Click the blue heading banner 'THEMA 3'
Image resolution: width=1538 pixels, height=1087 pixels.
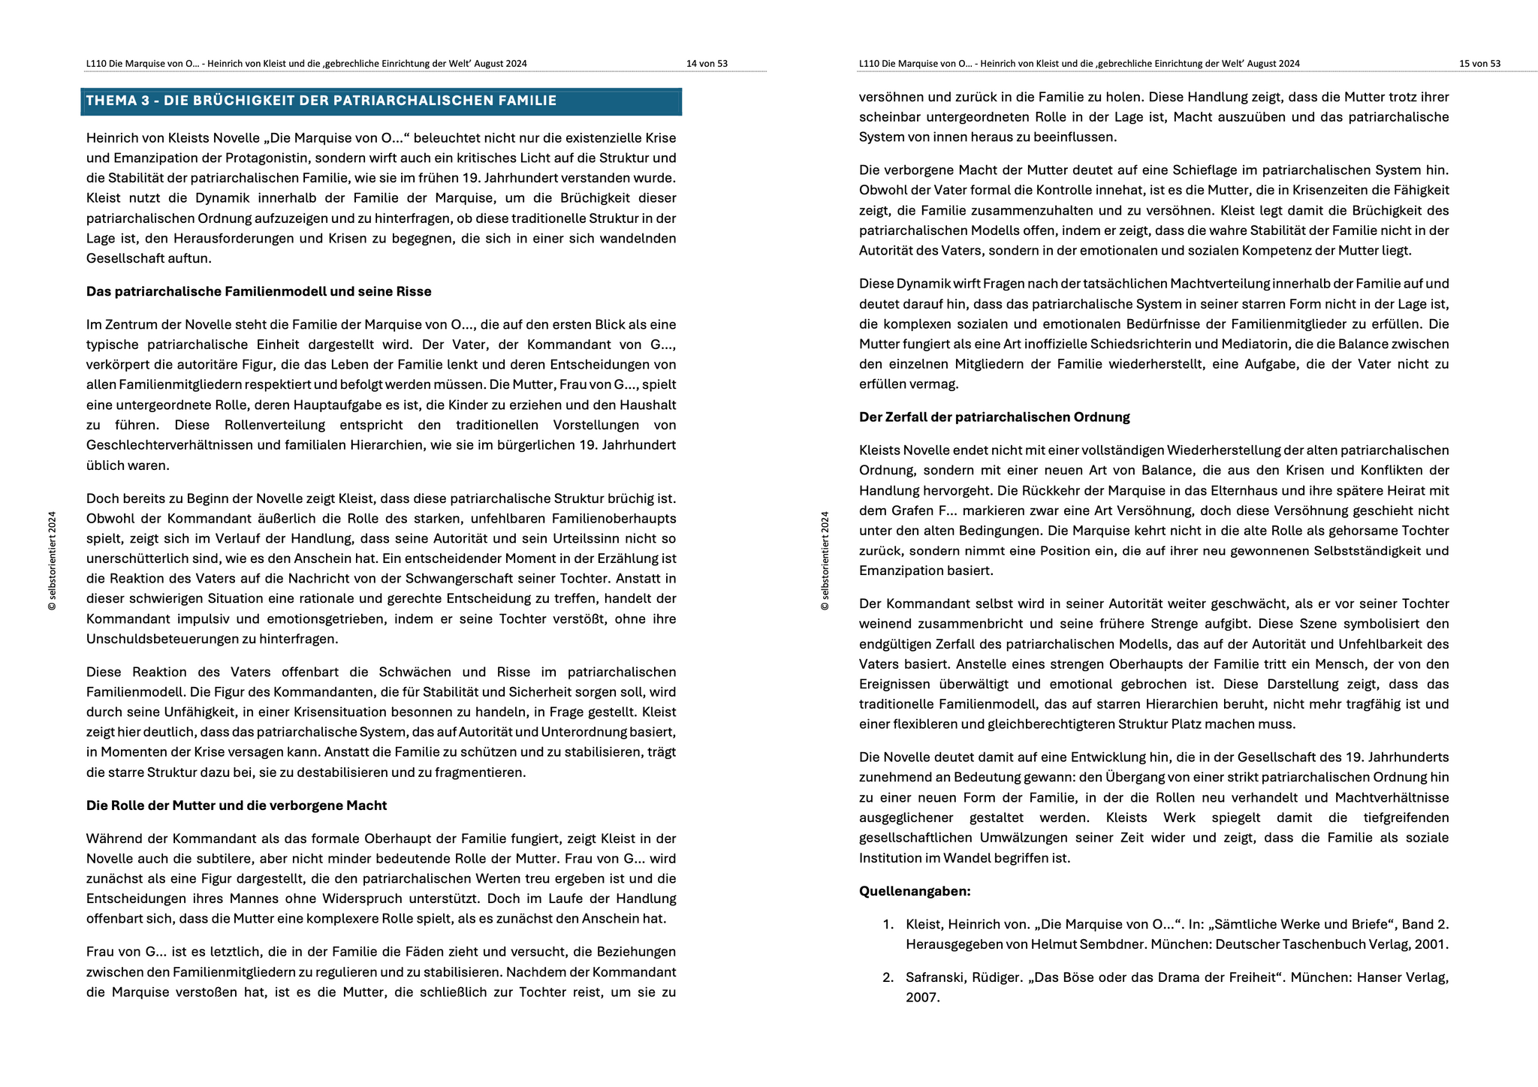[x=381, y=101]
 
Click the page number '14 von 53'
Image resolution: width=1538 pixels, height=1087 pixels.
[x=707, y=64]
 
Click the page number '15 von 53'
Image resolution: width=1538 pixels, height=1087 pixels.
[x=1479, y=64]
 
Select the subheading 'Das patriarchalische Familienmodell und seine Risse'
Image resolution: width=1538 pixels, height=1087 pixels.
[x=258, y=291]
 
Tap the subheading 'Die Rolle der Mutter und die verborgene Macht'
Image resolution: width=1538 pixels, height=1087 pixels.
[x=236, y=805]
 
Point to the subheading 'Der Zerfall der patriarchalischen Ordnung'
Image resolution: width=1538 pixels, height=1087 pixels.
[x=994, y=417]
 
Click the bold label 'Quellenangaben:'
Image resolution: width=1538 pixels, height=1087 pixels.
[x=915, y=892]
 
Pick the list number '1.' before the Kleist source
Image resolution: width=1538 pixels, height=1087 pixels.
[x=888, y=925]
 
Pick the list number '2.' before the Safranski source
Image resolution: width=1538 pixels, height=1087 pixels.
[x=888, y=978]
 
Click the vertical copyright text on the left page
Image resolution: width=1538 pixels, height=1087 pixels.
[x=52, y=561]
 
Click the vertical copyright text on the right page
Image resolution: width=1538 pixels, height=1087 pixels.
[x=825, y=561]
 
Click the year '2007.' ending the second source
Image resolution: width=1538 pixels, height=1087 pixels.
[x=922, y=998]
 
